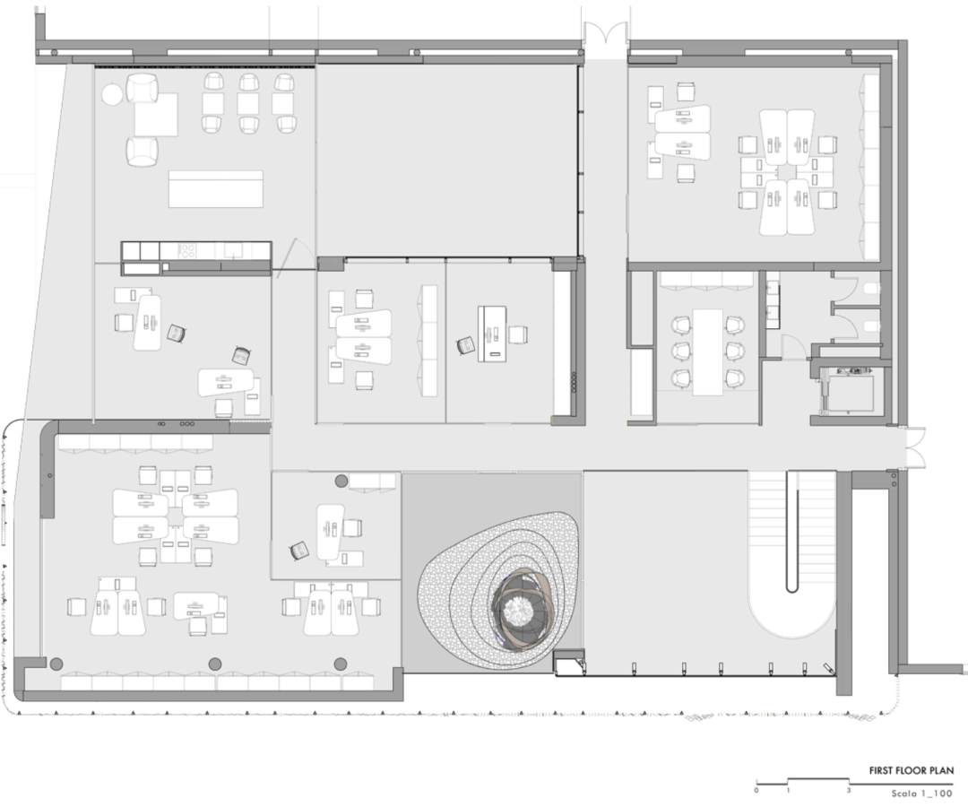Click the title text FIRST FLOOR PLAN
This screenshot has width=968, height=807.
912,770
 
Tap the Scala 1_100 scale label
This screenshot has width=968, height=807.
921,794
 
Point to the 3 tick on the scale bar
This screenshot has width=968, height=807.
849,790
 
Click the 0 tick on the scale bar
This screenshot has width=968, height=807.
756,790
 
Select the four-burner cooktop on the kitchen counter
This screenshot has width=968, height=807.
187,251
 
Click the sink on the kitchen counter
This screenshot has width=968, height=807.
233,250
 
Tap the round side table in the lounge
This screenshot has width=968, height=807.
112,94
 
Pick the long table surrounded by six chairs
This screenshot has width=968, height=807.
707,352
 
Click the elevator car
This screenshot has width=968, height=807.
851,393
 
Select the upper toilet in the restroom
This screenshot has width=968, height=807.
871,289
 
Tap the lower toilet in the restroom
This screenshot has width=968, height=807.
871,325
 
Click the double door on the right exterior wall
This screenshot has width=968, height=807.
916,447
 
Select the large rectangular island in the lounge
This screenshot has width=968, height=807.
216,189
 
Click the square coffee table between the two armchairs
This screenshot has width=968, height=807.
156,115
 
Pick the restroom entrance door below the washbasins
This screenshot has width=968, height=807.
792,346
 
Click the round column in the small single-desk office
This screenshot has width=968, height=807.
341,481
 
